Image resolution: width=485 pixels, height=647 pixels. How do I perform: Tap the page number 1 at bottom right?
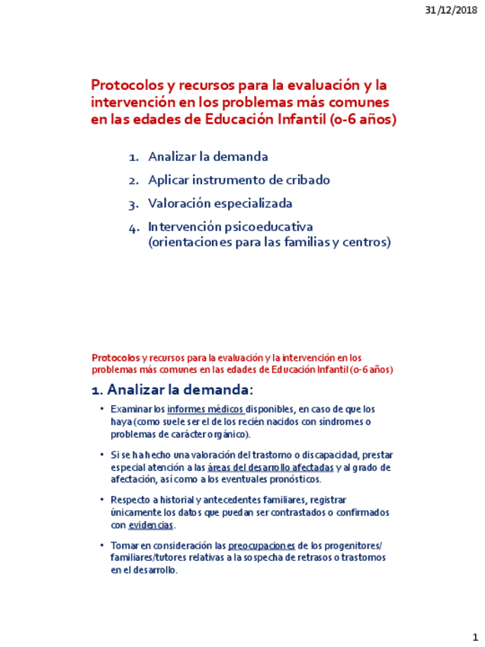[x=474, y=637]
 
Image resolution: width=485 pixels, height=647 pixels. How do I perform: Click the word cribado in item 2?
[x=307, y=181]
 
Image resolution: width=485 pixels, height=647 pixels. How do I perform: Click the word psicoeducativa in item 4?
[x=269, y=227]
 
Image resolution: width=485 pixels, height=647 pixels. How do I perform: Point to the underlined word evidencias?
[x=151, y=525]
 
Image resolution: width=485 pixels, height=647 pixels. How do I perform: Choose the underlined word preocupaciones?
[x=261, y=546]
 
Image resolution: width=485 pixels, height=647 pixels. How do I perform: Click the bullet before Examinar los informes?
[x=101, y=409]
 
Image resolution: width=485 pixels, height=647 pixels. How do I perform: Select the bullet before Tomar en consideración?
[x=101, y=546]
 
